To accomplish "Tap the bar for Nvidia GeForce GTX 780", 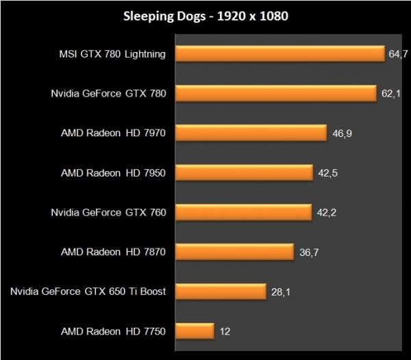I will [x=275, y=93].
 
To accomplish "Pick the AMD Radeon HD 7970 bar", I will [x=250, y=133].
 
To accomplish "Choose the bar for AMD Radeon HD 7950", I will [x=244, y=172].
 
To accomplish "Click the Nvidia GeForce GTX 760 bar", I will [x=243, y=212].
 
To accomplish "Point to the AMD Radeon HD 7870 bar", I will [x=234, y=252].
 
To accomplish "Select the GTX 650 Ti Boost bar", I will [x=220, y=292].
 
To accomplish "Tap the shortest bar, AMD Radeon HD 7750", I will [x=195, y=331].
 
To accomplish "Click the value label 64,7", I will [x=398, y=54].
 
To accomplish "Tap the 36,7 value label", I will [x=309, y=252].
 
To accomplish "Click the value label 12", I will [x=225, y=331].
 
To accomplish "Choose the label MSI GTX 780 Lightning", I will [x=112, y=54].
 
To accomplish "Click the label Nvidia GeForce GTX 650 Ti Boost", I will [x=88, y=292].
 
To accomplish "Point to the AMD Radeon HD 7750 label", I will [x=114, y=331].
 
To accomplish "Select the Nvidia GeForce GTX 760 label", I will [x=108, y=212].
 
